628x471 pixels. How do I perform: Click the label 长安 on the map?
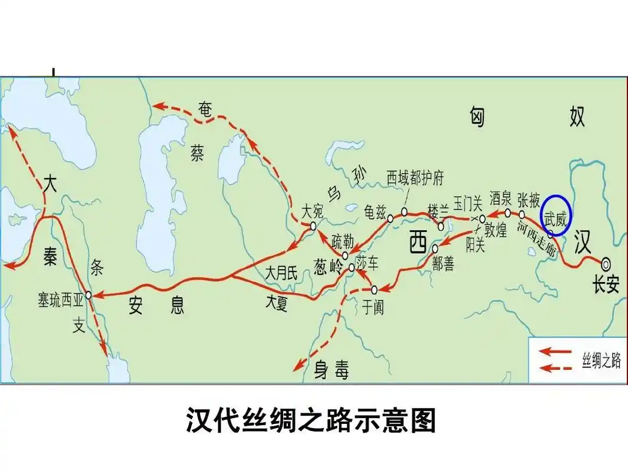coord(606,286)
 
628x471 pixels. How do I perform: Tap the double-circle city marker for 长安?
coord(606,263)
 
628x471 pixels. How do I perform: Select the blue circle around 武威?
coord(556,215)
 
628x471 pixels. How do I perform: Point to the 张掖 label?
coord(529,200)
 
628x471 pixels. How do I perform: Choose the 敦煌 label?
coord(494,230)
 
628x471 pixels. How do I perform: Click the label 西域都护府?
coord(414,177)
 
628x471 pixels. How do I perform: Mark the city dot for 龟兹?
coord(390,218)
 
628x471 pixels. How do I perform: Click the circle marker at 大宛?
coord(313,225)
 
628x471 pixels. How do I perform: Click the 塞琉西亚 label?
coord(61,301)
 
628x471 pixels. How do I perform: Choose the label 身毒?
coord(331,370)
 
